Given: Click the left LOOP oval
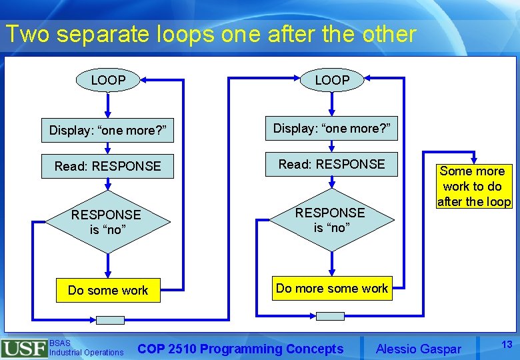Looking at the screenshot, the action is pyautogui.click(x=108, y=81).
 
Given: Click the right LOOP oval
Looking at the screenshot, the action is pyautogui.click(x=332, y=81).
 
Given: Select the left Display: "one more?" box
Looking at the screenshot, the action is pyautogui.click(x=107, y=131).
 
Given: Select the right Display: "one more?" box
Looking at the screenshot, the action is pyautogui.click(x=332, y=128).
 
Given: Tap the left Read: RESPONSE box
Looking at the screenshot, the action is pyautogui.click(x=108, y=166).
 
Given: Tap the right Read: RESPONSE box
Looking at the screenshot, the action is pyautogui.click(x=332, y=164).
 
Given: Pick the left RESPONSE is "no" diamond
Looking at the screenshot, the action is pyautogui.click(x=107, y=222).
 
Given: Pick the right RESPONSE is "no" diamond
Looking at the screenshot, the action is pyautogui.click(x=330, y=220).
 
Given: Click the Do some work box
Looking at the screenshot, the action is pyautogui.click(x=108, y=290).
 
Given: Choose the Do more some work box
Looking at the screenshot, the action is pyautogui.click(x=332, y=289).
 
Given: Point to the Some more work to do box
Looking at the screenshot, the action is pyautogui.click(x=473, y=187).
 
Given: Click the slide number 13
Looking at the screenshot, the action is pyautogui.click(x=507, y=344).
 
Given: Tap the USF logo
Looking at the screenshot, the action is pyautogui.click(x=24, y=348).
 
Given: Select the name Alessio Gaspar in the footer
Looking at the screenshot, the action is pyautogui.click(x=418, y=349).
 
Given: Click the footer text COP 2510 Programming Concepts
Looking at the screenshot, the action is pyautogui.click(x=241, y=349).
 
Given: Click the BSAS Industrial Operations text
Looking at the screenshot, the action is pyautogui.click(x=86, y=348).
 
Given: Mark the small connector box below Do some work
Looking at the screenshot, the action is pyautogui.click(x=110, y=320).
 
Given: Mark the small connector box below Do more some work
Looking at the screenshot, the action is pyautogui.click(x=330, y=316).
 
